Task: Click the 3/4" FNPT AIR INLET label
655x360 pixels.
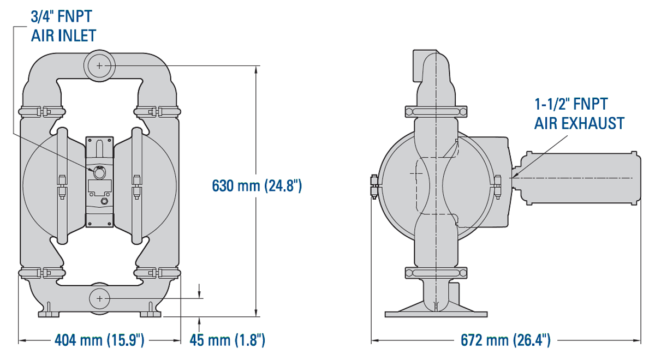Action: (x=63, y=26)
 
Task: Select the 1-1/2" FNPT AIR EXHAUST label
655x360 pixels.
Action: (x=579, y=113)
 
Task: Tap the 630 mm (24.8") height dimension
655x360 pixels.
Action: (x=257, y=186)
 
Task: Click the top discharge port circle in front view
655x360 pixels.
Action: (x=99, y=65)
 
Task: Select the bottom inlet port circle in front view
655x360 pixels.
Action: (x=99, y=298)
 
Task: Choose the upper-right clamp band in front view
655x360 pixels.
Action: (x=157, y=112)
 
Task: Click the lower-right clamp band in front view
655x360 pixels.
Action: (x=157, y=272)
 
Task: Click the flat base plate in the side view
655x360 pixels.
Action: (x=436, y=314)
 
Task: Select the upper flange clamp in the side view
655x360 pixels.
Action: (x=436, y=111)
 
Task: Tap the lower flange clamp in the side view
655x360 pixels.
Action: (x=436, y=272)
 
